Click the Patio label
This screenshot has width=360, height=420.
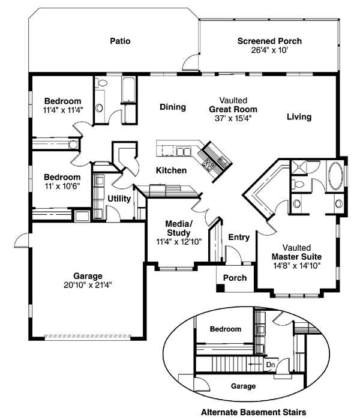coord(120,41)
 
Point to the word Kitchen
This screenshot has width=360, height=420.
coord(171,170)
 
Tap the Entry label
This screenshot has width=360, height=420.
coord(239,238)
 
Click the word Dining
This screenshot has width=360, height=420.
coord(173,107)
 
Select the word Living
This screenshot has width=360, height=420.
coord(299,117)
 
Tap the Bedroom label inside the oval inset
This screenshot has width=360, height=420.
coord(226,329)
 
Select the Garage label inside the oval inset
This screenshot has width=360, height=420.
coord(244,386)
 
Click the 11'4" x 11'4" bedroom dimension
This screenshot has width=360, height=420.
coord(62,110)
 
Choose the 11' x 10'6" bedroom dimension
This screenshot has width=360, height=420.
coord(62,186)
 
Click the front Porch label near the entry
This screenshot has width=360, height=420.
coord(235,278)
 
